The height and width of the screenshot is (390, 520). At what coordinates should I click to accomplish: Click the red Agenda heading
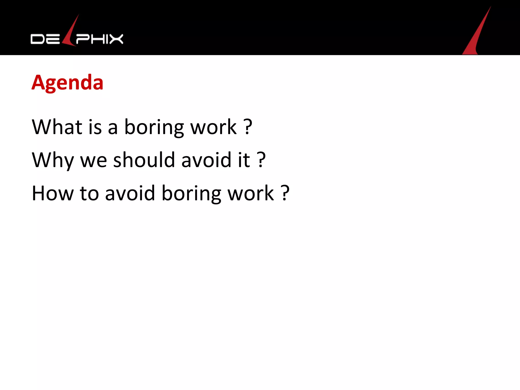67,83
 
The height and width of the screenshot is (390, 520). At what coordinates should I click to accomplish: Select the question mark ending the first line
248,127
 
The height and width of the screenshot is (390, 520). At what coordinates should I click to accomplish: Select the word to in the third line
89,193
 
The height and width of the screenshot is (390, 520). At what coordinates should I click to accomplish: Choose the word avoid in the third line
130,193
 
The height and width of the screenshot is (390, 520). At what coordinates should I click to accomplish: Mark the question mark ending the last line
285,193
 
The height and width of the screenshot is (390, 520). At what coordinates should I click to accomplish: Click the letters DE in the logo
45,39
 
